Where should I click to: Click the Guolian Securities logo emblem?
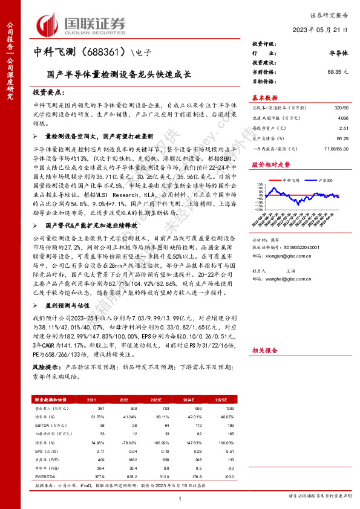point(47,24)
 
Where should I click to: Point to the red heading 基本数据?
point(264,97)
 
